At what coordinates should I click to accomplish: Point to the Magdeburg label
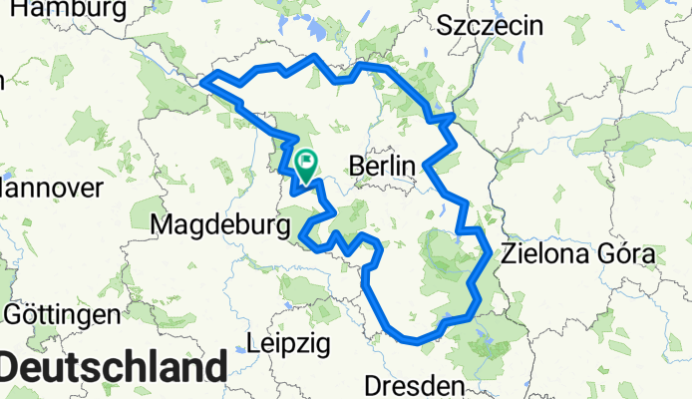[213, 226]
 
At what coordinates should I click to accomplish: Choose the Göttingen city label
[62, 315]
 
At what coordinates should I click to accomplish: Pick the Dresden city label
[415, 384]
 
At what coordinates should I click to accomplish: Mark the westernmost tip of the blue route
[202, 82]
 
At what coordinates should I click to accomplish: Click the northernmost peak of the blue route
[316, 57]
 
